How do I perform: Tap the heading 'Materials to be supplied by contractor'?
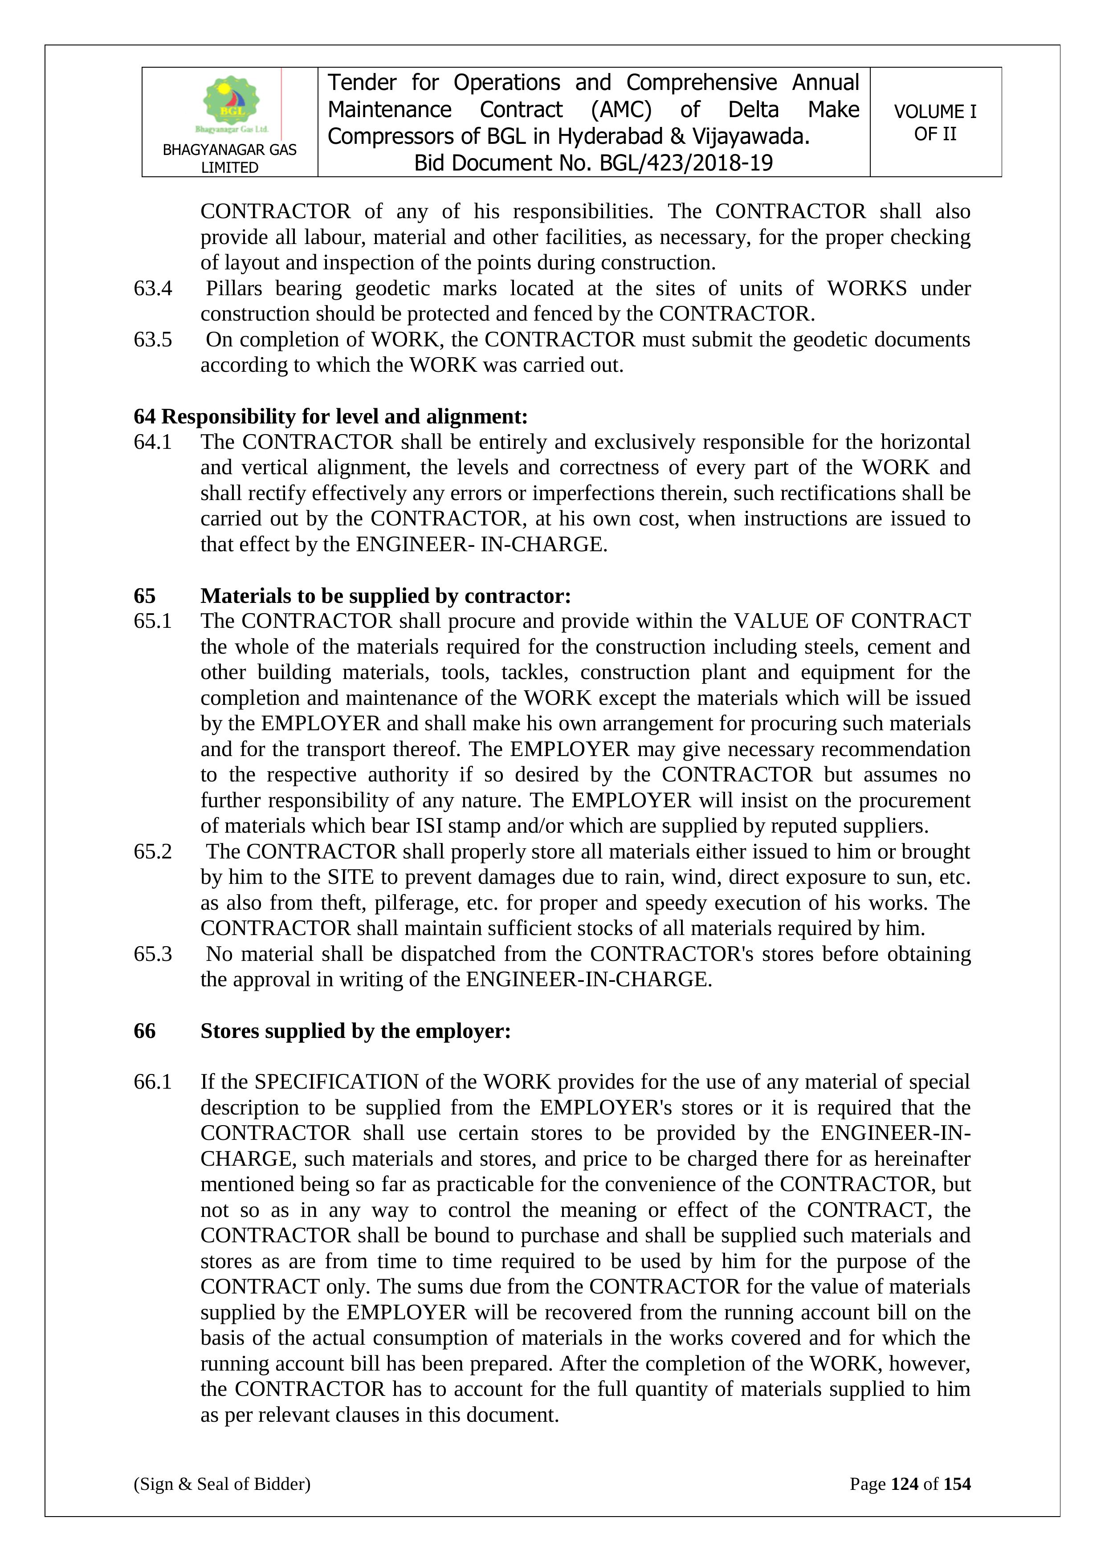(x=385, y=596)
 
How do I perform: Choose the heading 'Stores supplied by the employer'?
(x=355, y=1031)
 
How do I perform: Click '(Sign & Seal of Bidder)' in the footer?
(x=222, y=1484)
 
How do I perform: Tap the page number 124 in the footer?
(x=904, y=1484)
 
